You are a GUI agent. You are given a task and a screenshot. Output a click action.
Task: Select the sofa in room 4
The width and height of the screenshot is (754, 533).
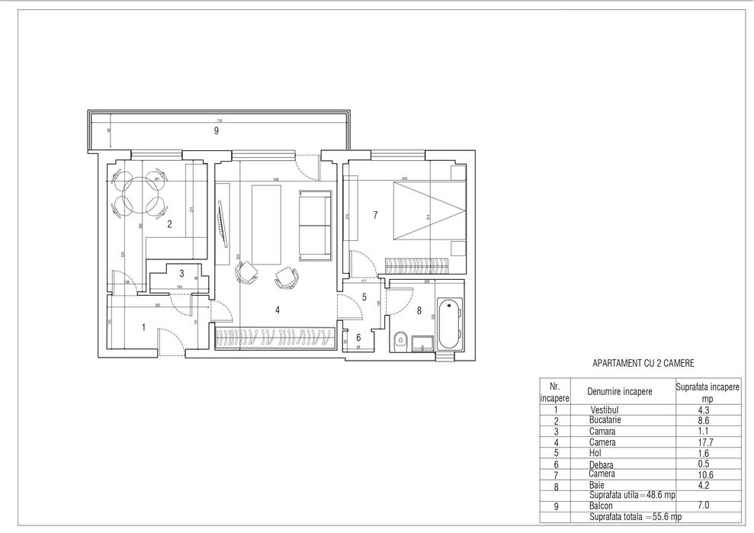pyautogui.click(x=314, y=225)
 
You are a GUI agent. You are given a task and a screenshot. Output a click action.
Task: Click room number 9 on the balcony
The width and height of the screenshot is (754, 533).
pyautogui.click(x=217, y=131)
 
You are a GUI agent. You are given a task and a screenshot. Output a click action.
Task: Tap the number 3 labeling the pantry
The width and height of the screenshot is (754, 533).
pyautogui.click(x=181, y=273)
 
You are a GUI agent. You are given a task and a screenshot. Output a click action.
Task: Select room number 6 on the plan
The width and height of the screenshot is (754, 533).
pyautogui.click(x=358, y=337)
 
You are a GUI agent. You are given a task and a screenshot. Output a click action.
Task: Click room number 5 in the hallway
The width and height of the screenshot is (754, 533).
pyautogui.click(x=364, y=298)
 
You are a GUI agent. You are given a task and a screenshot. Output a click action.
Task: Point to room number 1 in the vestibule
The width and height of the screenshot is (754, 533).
pyautogui.click(x=143, y=327)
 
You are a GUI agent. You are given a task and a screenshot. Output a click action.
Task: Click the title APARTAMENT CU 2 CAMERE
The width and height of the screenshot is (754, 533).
pyautogui.click(x=643, y=364)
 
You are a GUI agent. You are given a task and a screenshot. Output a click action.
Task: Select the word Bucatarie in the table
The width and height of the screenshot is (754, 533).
pyautogui.click(x=605, y=420)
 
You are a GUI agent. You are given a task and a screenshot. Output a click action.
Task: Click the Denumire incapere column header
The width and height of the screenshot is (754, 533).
pyautogui.click(x=619, y=392)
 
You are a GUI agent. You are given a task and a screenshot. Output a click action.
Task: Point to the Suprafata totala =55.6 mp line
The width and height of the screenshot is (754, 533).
pyautogui.click(x=633, y=517)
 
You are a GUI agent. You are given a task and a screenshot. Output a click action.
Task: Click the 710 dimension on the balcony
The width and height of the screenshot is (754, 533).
pyautogui.click(x=219, y=121)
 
